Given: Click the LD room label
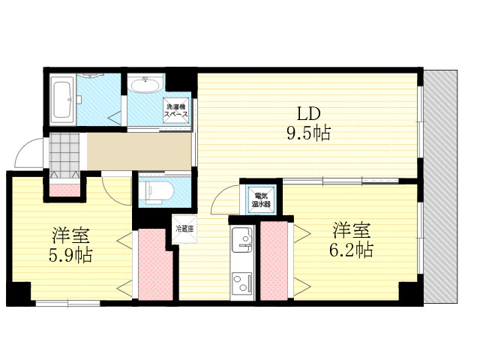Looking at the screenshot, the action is (x=309, y=113).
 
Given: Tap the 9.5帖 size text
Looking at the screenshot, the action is (x=308, y=133).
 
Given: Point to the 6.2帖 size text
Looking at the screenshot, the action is (x=351, y=250).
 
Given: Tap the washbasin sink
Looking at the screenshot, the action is (x=145, y=85).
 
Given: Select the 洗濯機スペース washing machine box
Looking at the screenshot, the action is (x=176, y=110).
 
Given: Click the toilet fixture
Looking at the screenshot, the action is (x=156, y=193).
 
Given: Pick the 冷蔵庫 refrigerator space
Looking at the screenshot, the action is (x=184, y=229).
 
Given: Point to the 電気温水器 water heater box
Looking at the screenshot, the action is (x=261, y=199).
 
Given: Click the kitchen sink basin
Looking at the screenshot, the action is (x=241, y=238).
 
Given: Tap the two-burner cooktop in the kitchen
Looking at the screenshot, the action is (x=242, y=283).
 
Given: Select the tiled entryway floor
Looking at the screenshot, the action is (x=64, y=155).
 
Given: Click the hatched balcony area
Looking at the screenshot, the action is (x=441, y=187).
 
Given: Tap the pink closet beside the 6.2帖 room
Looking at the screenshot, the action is (x=274, y=261).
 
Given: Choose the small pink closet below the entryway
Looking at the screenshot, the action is (x=64, y=190).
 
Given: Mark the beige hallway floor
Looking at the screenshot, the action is (x=139, y=151).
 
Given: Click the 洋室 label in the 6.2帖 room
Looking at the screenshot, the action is (x=352, y=230).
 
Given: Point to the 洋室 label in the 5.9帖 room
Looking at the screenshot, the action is (x=70, y=235).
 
